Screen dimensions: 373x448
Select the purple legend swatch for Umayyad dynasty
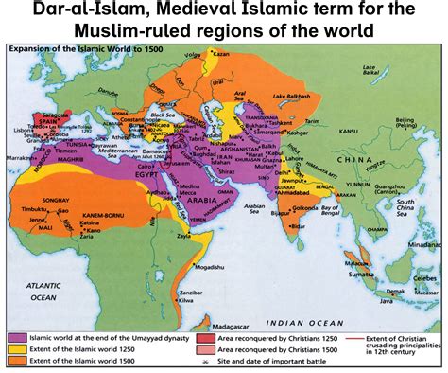tap(17, 337)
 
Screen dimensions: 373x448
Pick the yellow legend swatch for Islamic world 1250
tap(17, 349)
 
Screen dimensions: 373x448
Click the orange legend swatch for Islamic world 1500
tap(17, 362)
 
